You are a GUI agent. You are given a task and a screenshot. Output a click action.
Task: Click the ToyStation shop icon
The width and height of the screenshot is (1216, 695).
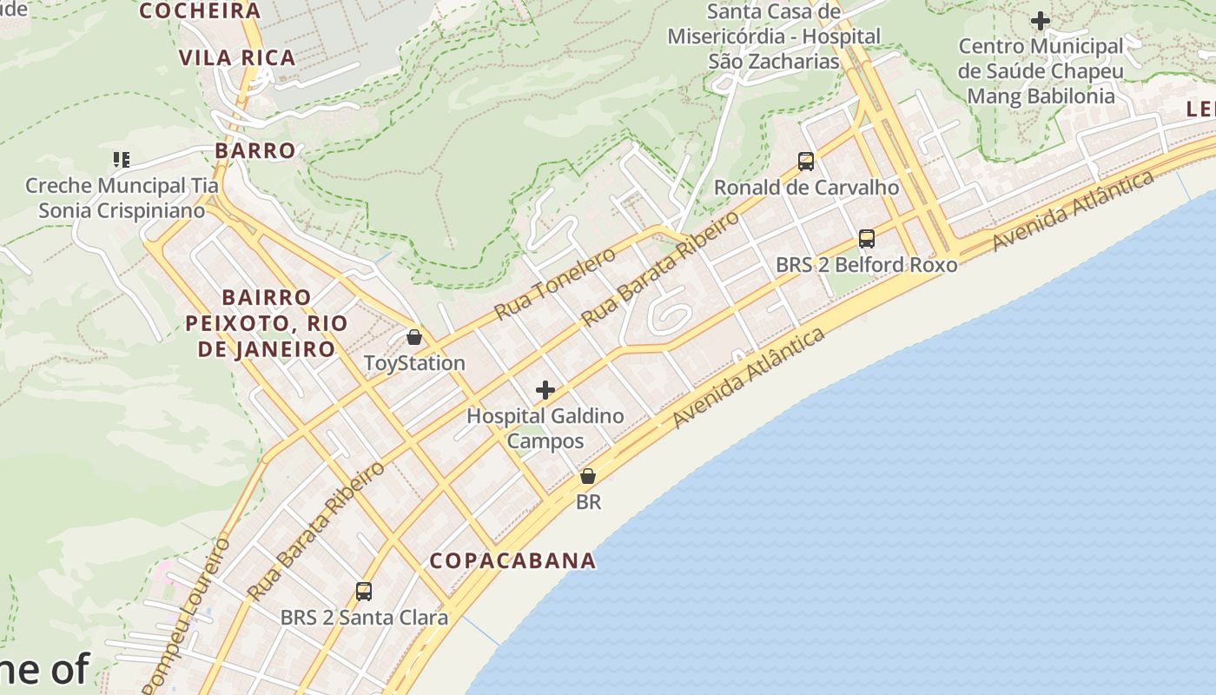click(414, 337)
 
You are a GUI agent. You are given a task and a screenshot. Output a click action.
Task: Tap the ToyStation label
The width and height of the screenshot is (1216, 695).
click(414, 363)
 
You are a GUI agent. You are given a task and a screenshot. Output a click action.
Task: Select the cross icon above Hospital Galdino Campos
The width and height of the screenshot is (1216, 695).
click(545, 390)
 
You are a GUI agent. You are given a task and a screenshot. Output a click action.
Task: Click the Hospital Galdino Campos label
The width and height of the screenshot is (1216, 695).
click(545, 428)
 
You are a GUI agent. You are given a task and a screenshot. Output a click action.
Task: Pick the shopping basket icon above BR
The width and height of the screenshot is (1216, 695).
click(588, 476)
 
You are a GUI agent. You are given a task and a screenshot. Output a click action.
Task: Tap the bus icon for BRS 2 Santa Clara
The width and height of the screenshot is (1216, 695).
click(364, 592)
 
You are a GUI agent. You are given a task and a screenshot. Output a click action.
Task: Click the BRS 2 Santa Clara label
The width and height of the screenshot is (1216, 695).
click(364, 618)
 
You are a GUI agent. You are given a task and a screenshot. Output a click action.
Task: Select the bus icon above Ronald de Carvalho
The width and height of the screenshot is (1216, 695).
click(806, 161)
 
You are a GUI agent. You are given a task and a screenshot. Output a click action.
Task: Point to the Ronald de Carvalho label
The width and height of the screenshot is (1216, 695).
click(806, 188)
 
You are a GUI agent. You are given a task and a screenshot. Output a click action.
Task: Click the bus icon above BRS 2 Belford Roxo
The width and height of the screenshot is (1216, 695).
click(866, 239)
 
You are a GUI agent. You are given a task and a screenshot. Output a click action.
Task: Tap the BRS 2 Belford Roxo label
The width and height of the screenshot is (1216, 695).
click(866, 265)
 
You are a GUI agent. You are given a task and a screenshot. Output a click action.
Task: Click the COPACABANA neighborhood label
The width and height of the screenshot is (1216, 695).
click(513, 560)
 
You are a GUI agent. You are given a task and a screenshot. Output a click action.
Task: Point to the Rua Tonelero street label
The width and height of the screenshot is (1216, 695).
click(555, 283)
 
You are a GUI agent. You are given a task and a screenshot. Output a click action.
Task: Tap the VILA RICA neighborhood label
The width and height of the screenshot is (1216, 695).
click(237, 58)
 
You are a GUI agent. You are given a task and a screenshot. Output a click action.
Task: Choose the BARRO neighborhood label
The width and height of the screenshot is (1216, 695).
click(255, 150)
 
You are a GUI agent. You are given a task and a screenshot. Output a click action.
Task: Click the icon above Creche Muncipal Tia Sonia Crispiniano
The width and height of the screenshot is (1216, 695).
click(122, 159)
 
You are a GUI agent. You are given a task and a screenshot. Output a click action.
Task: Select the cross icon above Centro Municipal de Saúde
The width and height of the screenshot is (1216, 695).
click(1040, 20)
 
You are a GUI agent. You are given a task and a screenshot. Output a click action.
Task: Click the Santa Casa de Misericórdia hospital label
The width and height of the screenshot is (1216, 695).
click(774, 36)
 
